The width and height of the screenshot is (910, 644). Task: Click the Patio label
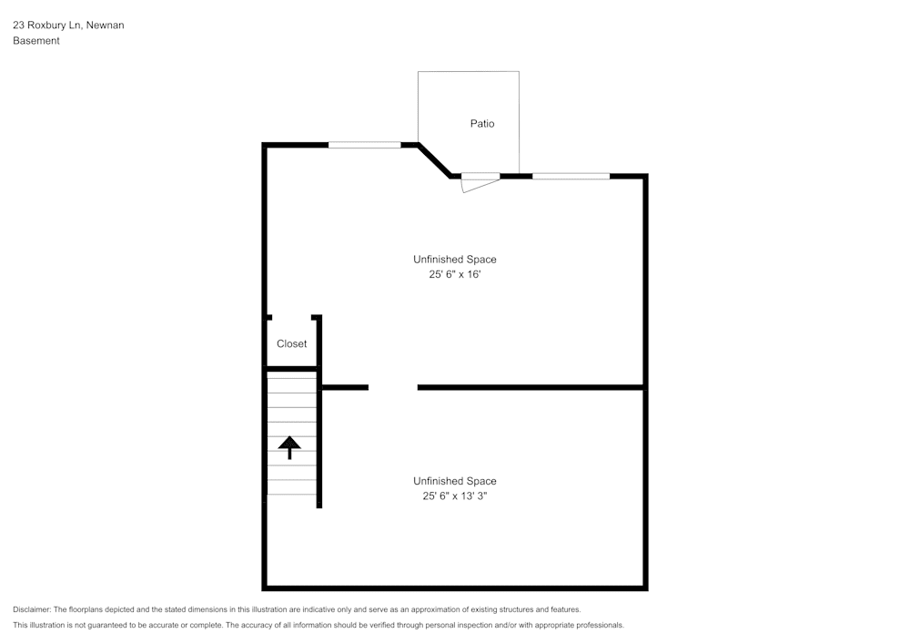482,123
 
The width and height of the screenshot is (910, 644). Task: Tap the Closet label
292,344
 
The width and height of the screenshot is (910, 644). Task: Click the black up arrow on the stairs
289,447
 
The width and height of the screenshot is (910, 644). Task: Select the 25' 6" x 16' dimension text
455,274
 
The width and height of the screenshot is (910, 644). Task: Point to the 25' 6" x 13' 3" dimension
455,496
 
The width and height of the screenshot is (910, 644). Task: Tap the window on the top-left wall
364,145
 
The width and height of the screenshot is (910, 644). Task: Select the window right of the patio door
571,176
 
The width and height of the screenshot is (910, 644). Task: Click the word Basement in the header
36,41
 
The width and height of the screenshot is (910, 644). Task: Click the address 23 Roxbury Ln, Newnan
68,26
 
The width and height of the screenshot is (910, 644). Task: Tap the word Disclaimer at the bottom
32,609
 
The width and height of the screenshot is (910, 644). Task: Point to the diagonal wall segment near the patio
434,160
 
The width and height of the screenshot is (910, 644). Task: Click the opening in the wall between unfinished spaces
393,388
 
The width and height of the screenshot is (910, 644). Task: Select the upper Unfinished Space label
455,260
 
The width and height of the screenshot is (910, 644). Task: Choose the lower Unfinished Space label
455,481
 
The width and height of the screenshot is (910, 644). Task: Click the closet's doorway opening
292,317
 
